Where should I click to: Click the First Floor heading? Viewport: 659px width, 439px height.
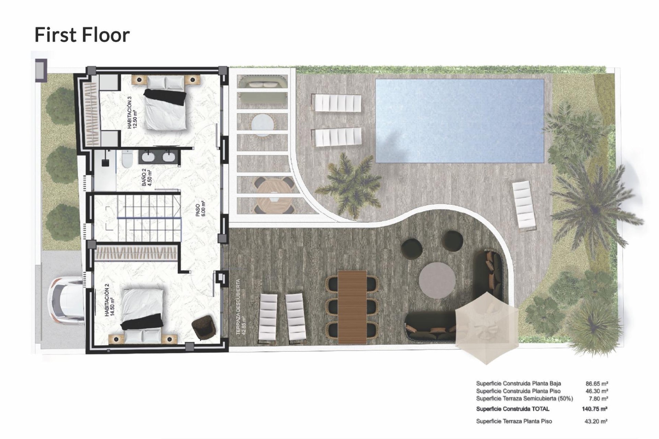pyautogui.click(x=82, y=35)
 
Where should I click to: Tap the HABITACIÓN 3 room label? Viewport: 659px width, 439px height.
pyautogui.click(x=132, y=112)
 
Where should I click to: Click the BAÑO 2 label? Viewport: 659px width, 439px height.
pyautogui.click(x=147, y=177)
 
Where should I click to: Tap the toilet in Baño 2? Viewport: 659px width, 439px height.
pyautogui.click(x=126, y=160)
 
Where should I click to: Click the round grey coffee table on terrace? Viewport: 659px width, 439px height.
pyautogui.click(x=437, y=281)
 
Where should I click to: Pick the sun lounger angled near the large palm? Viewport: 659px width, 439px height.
pyautogui.click(x=524, y=204)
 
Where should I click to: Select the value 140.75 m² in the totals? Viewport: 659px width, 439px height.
pyautogui.click(x=594, y=409)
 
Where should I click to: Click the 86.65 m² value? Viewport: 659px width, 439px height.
pyautogui.click(x=597, y=384)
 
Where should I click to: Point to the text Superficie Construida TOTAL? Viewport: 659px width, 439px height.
pyautogui.click(x=512, y=409)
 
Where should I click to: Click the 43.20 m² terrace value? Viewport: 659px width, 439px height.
pyautogui.click(x=596, y=421)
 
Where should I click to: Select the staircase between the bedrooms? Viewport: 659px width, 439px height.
pyautogui.click(x=149, y=217)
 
